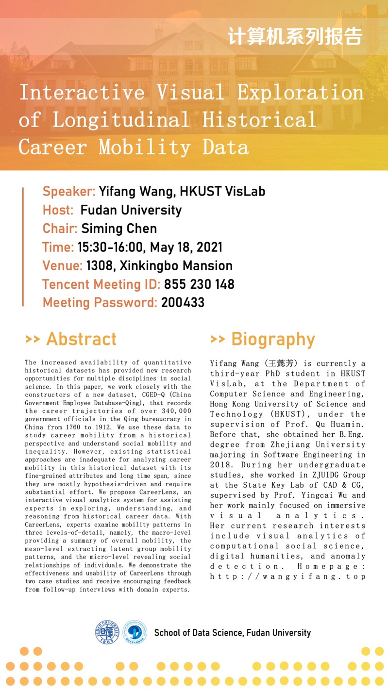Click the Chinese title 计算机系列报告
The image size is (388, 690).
[295, 37]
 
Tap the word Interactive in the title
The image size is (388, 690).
[82, 92]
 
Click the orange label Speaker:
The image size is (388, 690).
[68, 191]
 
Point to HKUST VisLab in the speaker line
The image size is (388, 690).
[222, 191]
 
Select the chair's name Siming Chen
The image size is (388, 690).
[119, 229]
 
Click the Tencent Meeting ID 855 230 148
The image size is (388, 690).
[199, 284]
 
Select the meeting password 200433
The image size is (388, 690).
[183, 303]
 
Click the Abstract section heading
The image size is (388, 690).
[71, 339]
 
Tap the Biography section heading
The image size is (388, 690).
[263, 339]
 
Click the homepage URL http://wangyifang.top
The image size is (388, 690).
[288, 576]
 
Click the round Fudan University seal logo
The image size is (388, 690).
[107, 633]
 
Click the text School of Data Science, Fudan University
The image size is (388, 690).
[232, 633]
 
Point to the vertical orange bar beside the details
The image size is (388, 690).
[23, 247]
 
